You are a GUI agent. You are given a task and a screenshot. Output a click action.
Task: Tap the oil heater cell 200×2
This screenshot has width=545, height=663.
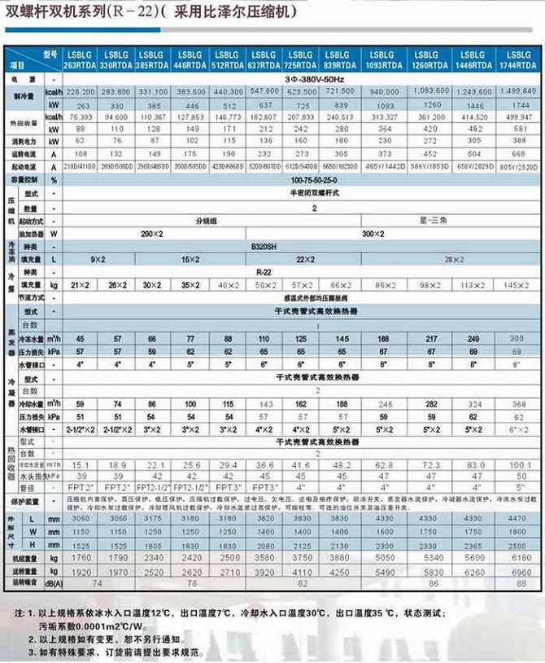click(x=151, y=232)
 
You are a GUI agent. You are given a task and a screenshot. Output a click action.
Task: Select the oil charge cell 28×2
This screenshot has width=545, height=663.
click(x=455, y=258)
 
